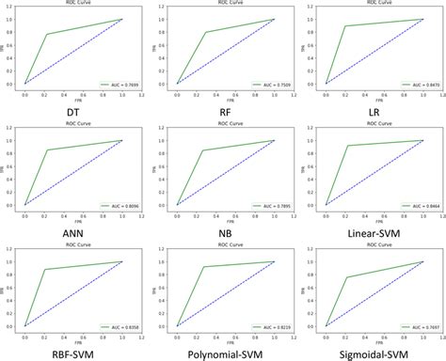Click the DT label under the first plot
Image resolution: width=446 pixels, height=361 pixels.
point(72,109)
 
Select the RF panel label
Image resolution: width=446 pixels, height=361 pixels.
point(224,109)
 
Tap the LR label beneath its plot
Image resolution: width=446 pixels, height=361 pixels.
point(375,109)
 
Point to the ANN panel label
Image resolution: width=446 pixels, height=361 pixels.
point(72,229)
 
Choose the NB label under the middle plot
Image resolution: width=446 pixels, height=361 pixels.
point(224,229)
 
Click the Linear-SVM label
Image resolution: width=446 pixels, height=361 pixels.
point(375,229)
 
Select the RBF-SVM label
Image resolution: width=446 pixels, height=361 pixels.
point(72,351)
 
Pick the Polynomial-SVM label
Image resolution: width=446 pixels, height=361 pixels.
point(224,351)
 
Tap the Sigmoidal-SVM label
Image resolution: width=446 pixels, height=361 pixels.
point(375,351)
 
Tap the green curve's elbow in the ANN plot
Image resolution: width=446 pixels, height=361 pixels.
point(47,150)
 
